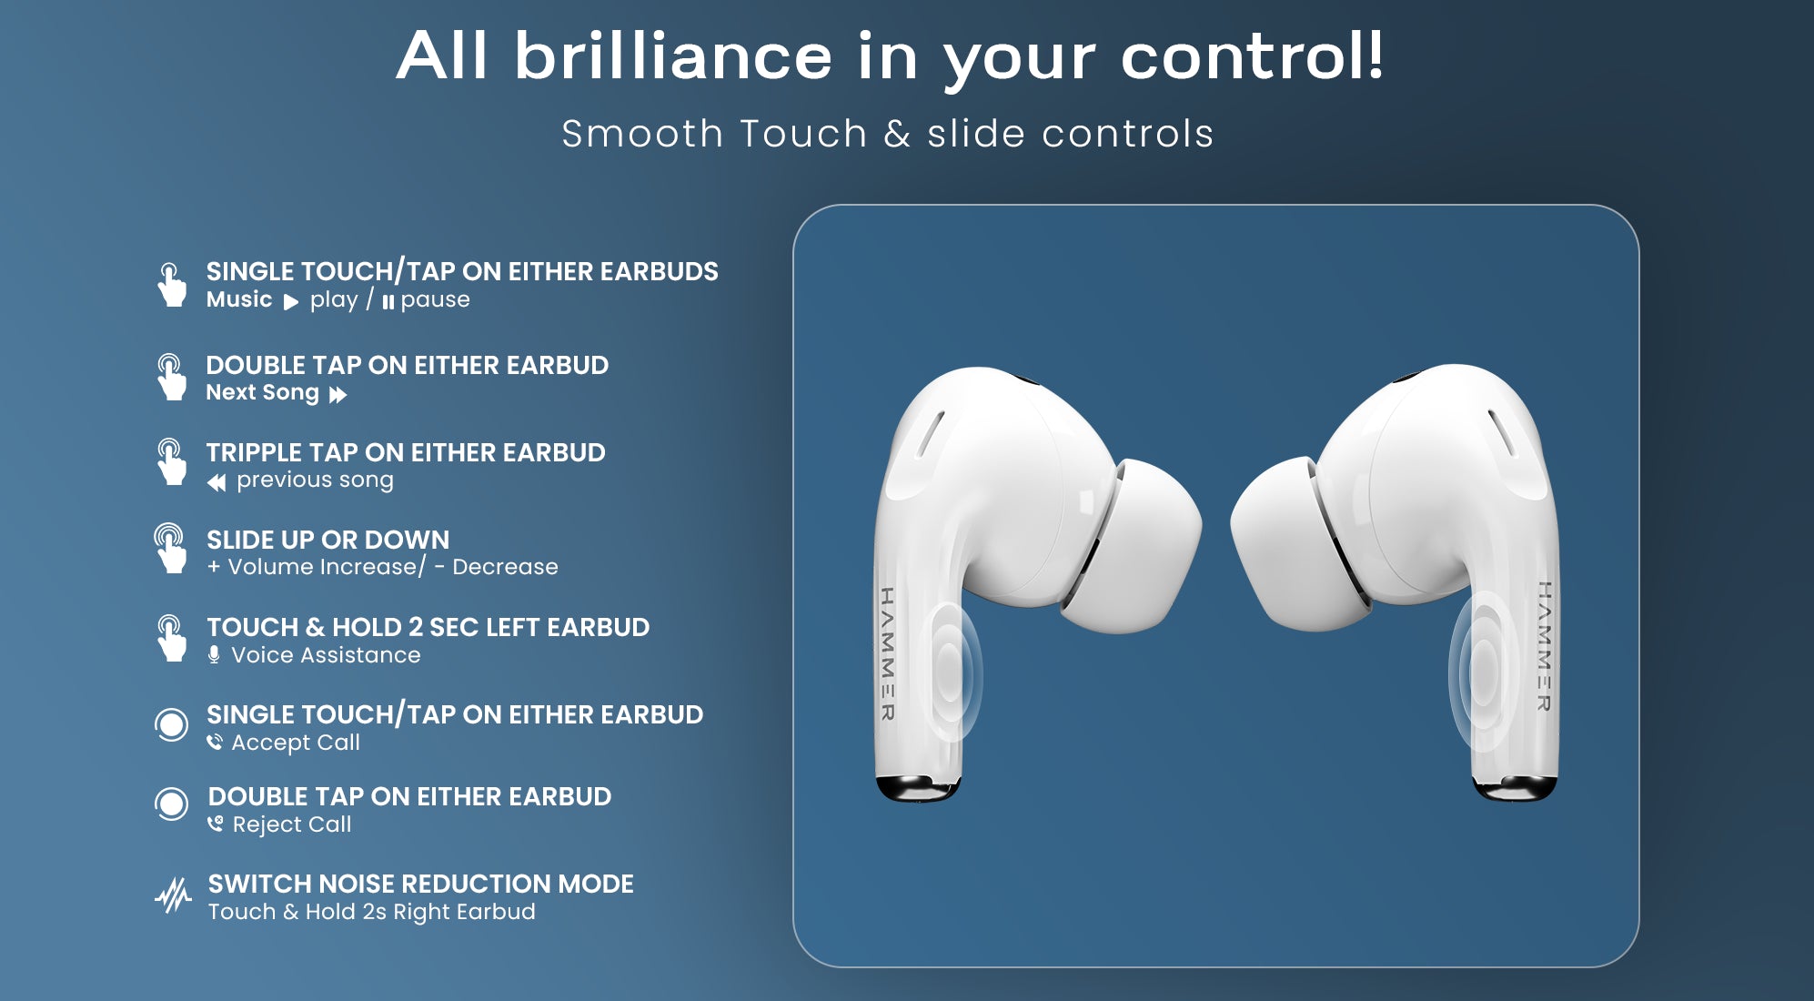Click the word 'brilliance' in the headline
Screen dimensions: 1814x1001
pos(673,56)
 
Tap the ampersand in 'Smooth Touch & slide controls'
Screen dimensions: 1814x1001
pos(897,134)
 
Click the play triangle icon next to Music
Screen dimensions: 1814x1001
pos(291,302)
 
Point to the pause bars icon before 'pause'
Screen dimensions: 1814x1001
pos(388,302)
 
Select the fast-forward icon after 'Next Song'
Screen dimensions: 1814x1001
pos(338,395)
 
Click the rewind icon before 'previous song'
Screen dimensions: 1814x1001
pos(217,482)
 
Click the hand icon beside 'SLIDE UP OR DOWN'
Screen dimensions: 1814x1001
pos(170,548)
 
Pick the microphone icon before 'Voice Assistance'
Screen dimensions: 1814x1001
pos(214,655)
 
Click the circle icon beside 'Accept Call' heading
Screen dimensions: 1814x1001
pos(171,724)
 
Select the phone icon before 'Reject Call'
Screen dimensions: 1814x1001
pos(216,824)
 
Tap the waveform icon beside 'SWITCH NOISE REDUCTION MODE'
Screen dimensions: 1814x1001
pos(173,895)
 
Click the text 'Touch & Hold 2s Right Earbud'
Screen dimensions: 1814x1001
pos(372,912)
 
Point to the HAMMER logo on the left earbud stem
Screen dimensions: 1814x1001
pos(888,653)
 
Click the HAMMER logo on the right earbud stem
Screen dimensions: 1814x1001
pos(1544,646)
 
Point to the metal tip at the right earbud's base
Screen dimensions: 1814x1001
pos(1515,788)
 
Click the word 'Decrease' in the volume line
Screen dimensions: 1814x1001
pos(505,567)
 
